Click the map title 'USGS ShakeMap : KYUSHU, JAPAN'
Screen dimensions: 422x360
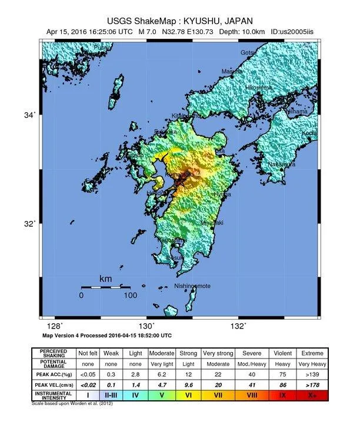179,19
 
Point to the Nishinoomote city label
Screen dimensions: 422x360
192,286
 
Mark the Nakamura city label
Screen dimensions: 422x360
281,165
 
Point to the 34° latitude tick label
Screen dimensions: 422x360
29,115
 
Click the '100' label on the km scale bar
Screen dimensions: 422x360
130,296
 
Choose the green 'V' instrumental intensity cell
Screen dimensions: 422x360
162,395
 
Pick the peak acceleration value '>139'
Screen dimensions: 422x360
312,374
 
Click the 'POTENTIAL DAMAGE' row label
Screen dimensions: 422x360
53,363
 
